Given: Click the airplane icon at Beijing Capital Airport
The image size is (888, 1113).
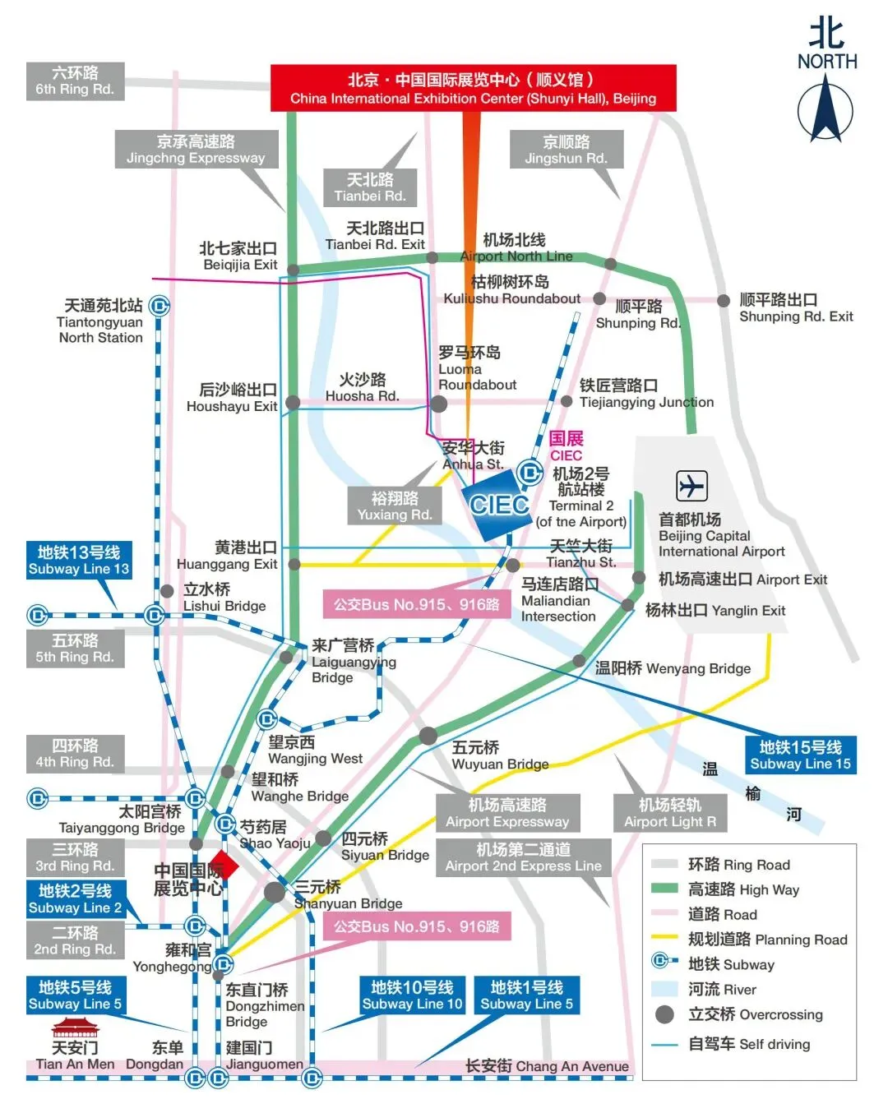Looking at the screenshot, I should coord(691,486).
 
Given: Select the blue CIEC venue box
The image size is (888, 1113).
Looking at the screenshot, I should coord(499,505).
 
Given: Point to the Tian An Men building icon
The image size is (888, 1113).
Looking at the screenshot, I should coord(74,1028).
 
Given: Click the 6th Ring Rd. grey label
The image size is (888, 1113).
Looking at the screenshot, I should coord(75,81).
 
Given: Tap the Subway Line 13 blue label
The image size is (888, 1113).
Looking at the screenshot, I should coord(78,560).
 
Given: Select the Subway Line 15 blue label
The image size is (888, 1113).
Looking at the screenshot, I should coord(800,755).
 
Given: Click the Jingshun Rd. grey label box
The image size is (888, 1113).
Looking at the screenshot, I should coord(566,150).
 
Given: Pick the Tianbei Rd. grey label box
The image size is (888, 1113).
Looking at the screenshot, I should coord(370,187).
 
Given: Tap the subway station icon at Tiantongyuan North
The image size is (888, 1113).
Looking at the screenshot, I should coord(160,307).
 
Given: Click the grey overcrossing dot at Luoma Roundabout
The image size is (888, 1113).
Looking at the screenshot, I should coord(439,404).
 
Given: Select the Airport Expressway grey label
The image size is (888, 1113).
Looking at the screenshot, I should coord(507,813).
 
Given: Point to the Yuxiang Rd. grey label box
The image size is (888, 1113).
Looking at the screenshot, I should coord(395,506).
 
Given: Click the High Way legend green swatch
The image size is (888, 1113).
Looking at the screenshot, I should coord(664,889).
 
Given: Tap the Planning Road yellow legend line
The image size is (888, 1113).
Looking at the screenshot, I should coord(664,938).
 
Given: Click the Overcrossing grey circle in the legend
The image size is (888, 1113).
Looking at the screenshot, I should coord(664,1014).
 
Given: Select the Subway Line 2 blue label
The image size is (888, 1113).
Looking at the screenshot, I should coord(75,898).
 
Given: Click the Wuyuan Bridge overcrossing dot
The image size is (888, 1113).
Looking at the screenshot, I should coord(428,736).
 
